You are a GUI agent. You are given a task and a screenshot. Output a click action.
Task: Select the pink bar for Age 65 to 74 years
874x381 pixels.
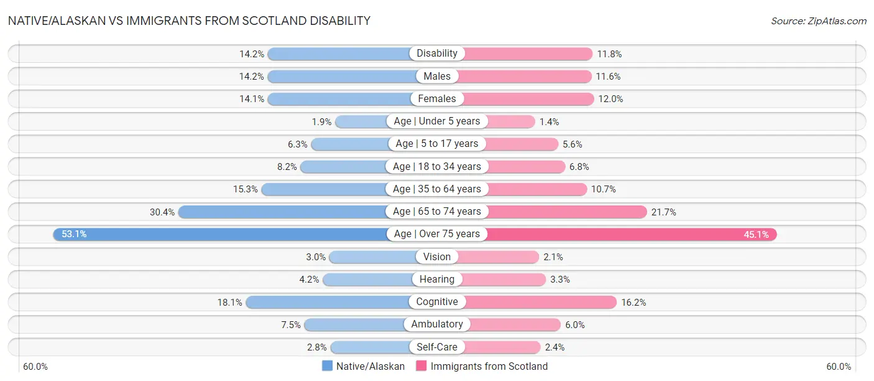pyautogui.click(x=566, y=212)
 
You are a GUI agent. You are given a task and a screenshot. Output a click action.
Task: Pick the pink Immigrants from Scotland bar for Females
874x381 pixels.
pyautogui.click(x=528, y=98)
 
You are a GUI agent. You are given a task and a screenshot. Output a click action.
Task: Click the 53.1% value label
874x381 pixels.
pyautogui.click(x=74, y=234)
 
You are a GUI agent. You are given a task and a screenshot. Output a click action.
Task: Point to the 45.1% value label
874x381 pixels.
pyautogui.click(x=757, y=234)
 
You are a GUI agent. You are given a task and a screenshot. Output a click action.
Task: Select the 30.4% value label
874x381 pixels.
pyautogui.click(x=162, y=212)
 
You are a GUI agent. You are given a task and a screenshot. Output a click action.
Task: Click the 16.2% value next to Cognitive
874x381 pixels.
pyautogui.click(x=633, y=302)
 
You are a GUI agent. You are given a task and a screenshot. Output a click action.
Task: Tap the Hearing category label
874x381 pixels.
pyautogui.click(x=437, y=280)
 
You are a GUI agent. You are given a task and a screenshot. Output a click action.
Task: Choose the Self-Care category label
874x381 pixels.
pyautogui.click(x=437, y=347)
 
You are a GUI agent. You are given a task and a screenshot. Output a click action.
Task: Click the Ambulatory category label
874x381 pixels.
pyautogui.click(x=437, y=324)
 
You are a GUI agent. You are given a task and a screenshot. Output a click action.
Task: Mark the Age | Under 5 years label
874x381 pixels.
pyautogui.click(x=437, y=121)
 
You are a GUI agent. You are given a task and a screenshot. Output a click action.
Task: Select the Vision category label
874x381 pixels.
pyautogui.click(x=437, y=256)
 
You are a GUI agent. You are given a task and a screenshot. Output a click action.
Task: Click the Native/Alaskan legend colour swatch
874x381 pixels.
pyautogui.click(x=327, y=366)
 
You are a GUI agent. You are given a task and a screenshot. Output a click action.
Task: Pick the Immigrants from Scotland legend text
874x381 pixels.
pyautogui.click(x=489, y=366)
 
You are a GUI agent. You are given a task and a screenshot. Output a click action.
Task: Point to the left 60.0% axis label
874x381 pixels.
pyautogui.click(x=35, y=367)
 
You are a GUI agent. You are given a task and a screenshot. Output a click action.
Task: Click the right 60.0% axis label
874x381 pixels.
pyautogui.click(x=839, y=367)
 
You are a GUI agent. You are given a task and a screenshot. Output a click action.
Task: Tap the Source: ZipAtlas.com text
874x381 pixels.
pyautogui.click(x=819, y=21)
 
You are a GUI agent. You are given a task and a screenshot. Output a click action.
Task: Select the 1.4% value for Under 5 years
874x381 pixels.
pyautogui.click(x=550, y=121)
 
